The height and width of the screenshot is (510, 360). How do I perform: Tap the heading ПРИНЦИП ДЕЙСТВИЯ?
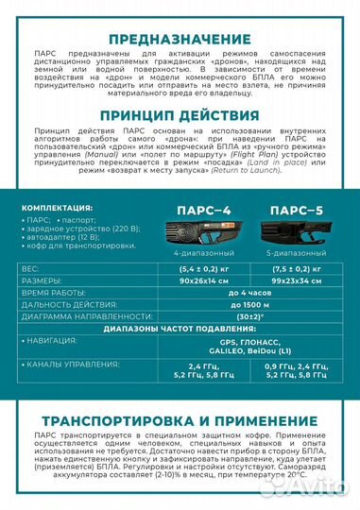(180, 114)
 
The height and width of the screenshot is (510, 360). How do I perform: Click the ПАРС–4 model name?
(196, 212)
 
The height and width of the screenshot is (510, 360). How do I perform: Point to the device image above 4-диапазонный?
(196, 234)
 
